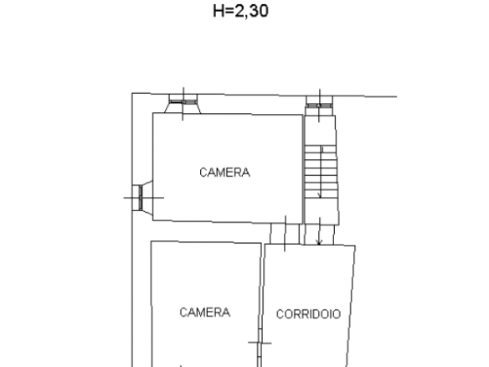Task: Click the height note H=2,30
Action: (240, 11)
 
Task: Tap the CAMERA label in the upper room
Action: (224, 173)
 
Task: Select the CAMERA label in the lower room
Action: (205, 313)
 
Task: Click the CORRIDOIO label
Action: (308, 314)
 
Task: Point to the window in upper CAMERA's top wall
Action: (183, 101)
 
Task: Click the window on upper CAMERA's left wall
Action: (141, 198)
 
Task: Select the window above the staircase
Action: (319, 106)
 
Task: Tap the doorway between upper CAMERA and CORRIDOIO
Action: (285, 234)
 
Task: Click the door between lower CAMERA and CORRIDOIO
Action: (260, 343)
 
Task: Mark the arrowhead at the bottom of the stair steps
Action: (319, 196)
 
